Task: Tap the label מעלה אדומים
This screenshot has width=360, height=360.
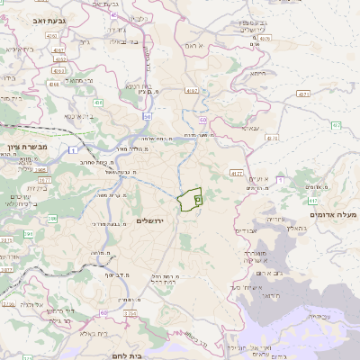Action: click(x=333, y=214)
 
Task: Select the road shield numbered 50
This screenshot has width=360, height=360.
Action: click(x=147, y=116)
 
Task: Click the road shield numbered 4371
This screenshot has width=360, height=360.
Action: click(x=303, y=93)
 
